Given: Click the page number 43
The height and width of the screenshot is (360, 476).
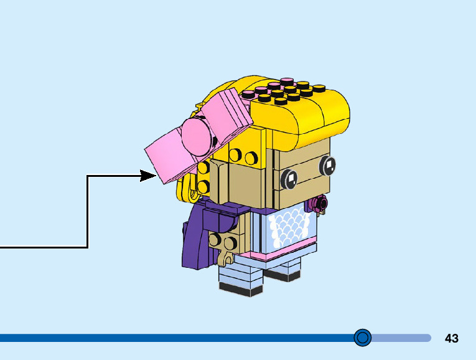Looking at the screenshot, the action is [x=452, y=338].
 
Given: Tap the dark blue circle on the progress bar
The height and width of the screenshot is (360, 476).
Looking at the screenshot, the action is [x=362, y=338].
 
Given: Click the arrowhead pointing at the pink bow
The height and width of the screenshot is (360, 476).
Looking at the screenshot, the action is [x=149, y=176].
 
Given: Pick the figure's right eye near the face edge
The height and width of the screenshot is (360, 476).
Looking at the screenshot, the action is [x=328, y=165].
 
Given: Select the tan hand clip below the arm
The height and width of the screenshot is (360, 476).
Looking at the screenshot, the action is [x=226, y=255].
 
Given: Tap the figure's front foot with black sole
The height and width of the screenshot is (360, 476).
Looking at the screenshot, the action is [x=240, y=283].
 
